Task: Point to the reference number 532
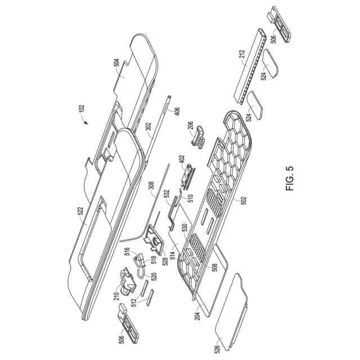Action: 167,195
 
